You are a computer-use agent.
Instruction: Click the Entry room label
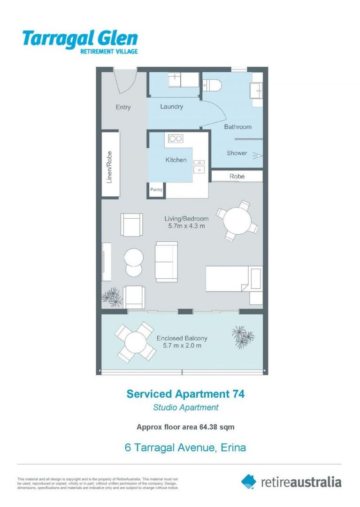[123, 108]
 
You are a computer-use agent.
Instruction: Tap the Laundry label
[171, 107]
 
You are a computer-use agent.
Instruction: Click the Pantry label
[156, 190]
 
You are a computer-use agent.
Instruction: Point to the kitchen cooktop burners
[176, 138]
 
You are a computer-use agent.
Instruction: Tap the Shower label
[237, 153]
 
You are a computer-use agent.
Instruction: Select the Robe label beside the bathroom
[237, 176]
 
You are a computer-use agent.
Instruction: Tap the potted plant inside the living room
[112, 296]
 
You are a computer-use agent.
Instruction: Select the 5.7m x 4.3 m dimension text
[186, 226]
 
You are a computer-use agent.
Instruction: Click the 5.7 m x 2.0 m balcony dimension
[182, 346]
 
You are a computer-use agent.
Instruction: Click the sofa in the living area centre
[167, 262]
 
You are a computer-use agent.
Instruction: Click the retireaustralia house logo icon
[249, 481]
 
